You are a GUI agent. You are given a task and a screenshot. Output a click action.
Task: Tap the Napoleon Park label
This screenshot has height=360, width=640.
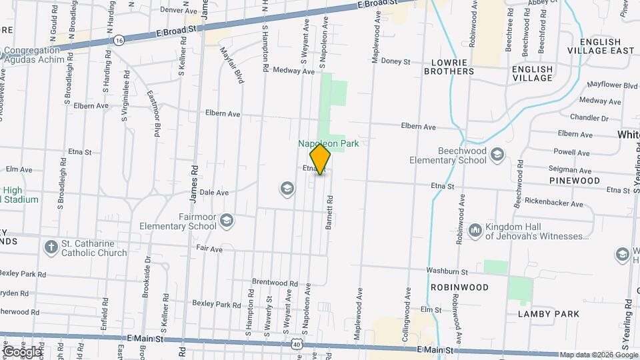point(328,143)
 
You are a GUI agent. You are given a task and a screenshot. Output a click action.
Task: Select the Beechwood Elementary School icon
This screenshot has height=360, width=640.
point(497,155)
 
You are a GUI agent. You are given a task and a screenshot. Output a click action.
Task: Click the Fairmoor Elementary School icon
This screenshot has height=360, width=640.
point(227,221)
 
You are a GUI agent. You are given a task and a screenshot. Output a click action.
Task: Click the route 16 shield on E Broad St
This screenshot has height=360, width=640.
point(119,40)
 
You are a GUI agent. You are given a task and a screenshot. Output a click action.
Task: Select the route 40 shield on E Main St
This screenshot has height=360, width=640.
point(295,344)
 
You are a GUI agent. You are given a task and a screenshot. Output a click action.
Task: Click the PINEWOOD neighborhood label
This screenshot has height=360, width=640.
point(574,181)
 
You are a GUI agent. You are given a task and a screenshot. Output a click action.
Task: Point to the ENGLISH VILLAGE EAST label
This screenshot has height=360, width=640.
point(601,45)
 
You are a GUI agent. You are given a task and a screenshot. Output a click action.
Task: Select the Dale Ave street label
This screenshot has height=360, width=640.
point(214,192)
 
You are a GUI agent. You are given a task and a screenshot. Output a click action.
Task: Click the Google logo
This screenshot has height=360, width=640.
point(21,351)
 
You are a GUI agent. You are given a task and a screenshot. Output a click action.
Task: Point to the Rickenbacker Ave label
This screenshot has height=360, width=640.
point(553,204)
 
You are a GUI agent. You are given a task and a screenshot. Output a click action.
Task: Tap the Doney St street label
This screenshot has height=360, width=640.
point(395,61)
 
